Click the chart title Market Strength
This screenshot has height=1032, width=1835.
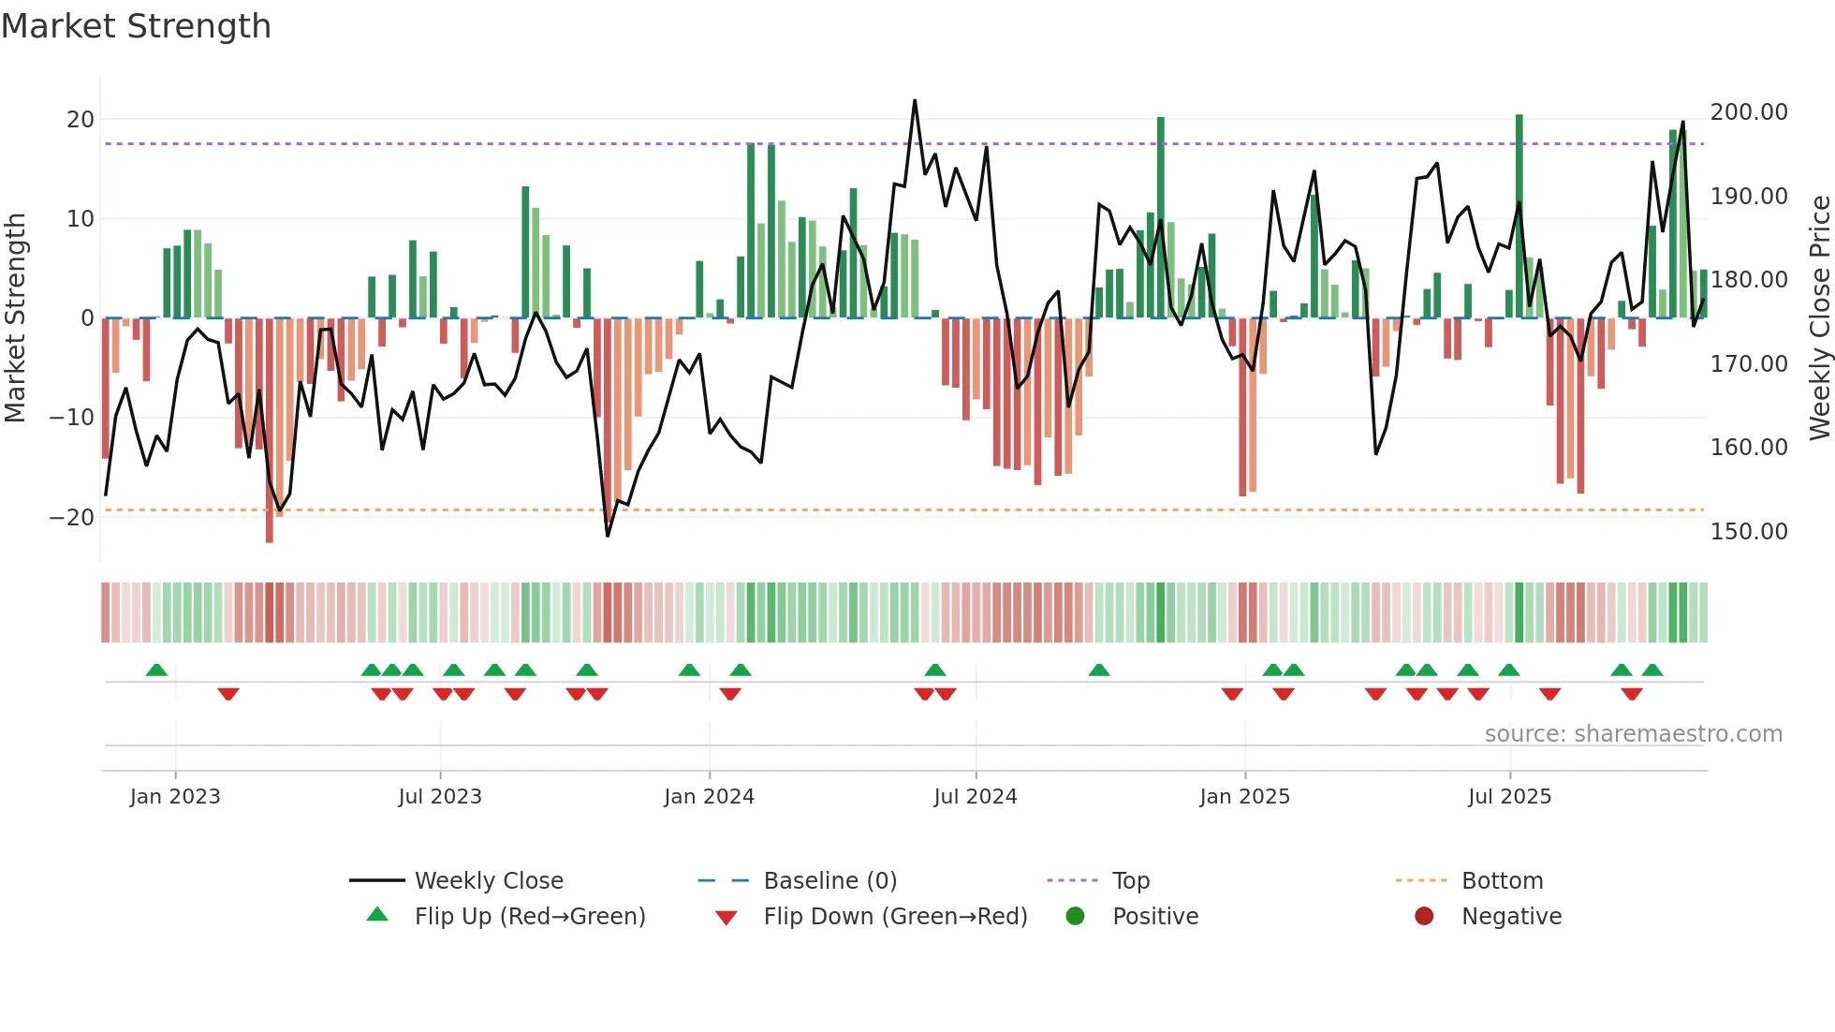coord(136,26)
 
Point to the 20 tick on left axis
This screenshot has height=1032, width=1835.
coord(81,119)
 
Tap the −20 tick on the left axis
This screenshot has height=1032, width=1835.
coord(72,517)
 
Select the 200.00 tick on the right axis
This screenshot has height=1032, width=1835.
coord(1748,112)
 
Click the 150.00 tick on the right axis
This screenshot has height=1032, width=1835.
coord(1748,531)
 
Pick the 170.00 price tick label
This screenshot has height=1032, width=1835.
coord(1748,363)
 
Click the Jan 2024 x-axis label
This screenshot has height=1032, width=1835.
coord(709,797)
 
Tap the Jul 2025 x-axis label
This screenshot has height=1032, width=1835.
coord(1509,797)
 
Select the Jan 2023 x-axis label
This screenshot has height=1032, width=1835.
coord(175,797)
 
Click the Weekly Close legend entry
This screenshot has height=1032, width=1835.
coord(489,881)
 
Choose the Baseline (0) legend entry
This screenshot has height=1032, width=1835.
coord(829,881)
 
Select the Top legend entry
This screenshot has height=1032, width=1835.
coord(1130,881)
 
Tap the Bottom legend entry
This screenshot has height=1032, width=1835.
coord(1502,881)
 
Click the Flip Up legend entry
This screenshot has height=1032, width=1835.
coord(530,917)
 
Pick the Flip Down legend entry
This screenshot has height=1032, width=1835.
coord(895,917)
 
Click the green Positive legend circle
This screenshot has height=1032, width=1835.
coord(1076,916)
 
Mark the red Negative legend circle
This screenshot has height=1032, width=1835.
coord(1424,916)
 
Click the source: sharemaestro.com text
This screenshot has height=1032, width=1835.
coord(1633,734)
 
